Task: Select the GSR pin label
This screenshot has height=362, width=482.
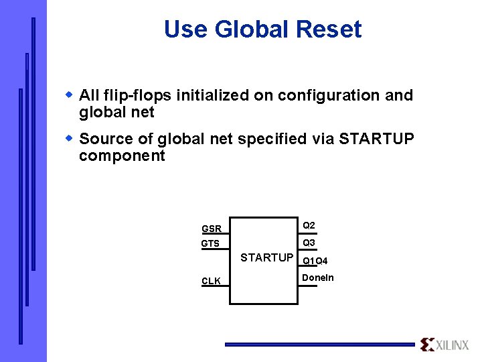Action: pyautogui.click(x=212, y=229)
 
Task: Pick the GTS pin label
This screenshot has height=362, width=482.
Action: pyautogui.click(x=211, y=244)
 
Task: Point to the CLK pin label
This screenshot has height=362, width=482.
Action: pyautogui.click(x=212, y=282)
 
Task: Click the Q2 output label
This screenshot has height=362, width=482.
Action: pyautogui.click(x=309, y=225)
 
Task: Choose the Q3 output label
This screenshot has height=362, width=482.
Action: pyautogui.click(x=309, y=243)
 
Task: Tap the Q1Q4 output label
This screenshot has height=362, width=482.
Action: pyautogui.click(x=315, y=261)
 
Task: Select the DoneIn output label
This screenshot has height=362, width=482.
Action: pyautogui.click(x=318, y=278)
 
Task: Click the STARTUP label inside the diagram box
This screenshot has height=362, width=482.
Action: pyautogui.click(x=266, y=257)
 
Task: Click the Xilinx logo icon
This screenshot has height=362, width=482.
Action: pyautogui.click(x=427, y=345)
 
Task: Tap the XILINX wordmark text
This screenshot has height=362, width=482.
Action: pyautogui.click(x=453, y=345)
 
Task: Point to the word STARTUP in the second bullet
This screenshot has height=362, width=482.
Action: pyautogui.click(x=377, y=139)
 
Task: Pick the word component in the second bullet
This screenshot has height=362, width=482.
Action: pyautogui.click(x=122, y=156)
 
